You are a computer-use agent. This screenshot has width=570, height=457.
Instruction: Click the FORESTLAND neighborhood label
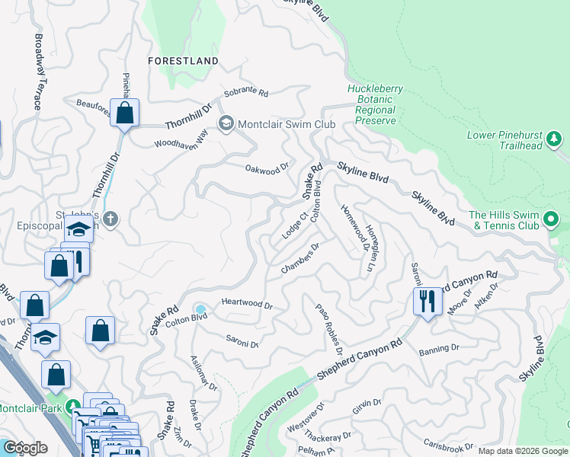184,60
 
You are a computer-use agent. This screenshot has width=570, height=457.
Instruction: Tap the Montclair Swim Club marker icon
226,123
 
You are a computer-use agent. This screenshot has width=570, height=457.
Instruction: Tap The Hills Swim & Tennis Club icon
550,220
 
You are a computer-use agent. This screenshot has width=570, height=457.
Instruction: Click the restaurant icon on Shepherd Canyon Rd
427,300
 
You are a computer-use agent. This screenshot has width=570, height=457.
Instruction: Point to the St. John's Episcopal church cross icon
110,219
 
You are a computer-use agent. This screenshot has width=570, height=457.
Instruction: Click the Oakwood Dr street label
267,168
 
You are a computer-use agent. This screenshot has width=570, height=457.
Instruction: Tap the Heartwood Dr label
247,303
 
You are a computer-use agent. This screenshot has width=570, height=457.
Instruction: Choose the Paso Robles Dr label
328,328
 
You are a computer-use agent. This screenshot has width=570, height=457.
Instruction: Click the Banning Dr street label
439,348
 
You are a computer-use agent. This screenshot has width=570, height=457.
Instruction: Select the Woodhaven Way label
181,139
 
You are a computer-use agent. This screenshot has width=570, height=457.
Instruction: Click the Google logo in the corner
25,448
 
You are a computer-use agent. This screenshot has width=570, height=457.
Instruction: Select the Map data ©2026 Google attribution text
522,451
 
